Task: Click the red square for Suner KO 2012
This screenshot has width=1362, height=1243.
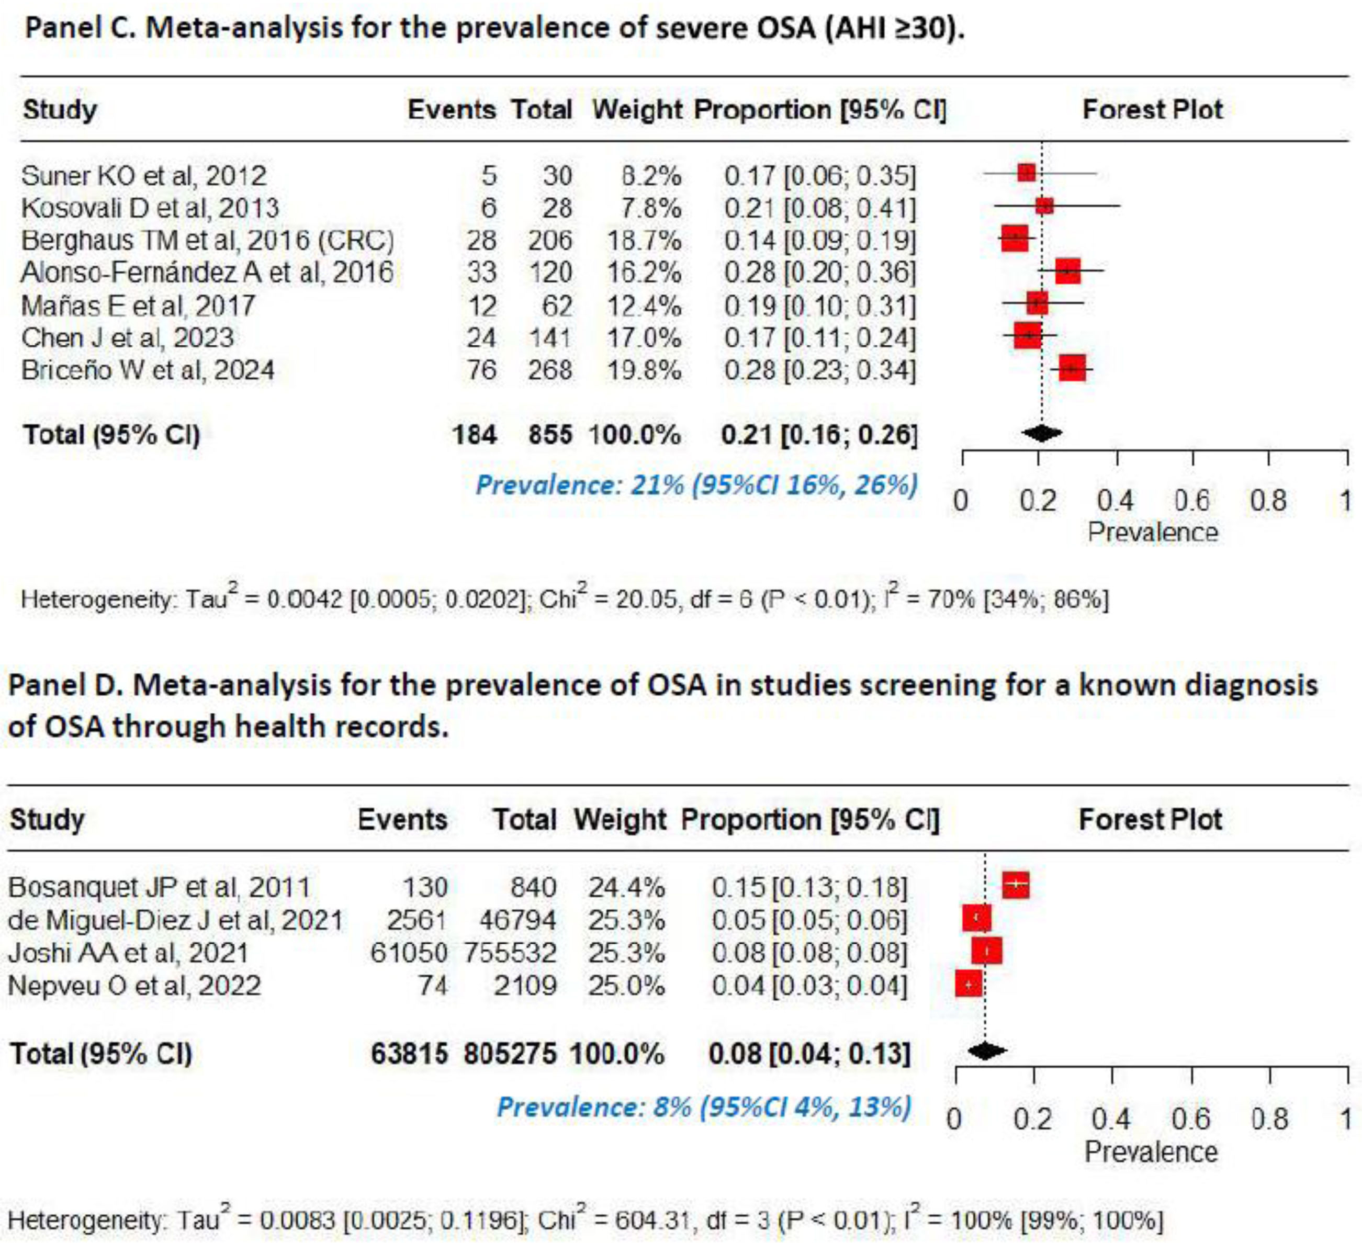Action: pyautogui.click(x=1026, y=173)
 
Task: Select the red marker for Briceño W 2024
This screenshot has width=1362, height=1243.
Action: pyautogui.click(x=1072, y=369)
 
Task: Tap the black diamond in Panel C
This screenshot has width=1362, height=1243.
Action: pyautogui.click(x=1042, y=433)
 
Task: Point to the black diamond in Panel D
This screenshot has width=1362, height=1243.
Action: pyautogui.click(x=986, y=1050)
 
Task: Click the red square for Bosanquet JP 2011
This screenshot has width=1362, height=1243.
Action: pyautogui.click(x=1016, y=884)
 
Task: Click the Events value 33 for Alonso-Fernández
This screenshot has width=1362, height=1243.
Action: pyautogui.click(x=482, y=272)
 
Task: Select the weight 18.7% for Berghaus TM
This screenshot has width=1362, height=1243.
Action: pyautogui.click(x=644, y=240)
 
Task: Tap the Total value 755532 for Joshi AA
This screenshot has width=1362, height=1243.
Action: pyautogui.click(x=510, y=953)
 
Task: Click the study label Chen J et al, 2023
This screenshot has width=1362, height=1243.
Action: pyautogui.click(x=128, y=337)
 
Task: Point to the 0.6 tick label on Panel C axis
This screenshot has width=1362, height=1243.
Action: pyautogui.click(x=1192, y=501)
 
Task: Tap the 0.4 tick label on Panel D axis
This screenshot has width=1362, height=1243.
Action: pyautogui.click(x=1111, y=1120)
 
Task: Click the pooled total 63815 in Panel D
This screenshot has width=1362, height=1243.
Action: pyautogui.click(x=409, y=1053)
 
